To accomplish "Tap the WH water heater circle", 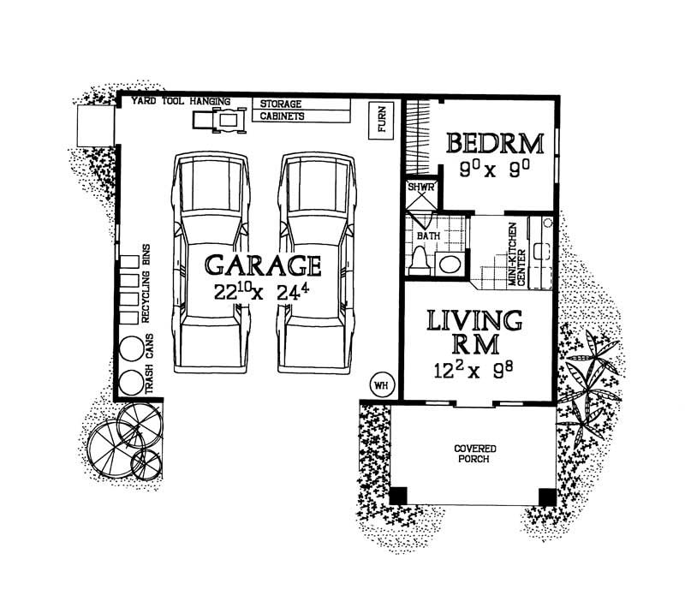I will tap(380, 385).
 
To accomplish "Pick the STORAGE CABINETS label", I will tap(283, 110).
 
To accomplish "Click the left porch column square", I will tap(399, 496).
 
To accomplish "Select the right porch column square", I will tap(545, 496).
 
